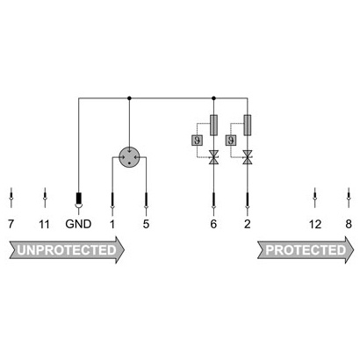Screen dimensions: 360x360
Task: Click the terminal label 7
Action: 11,225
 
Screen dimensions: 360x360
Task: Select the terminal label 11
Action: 44,225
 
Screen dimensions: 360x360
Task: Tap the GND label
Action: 78,224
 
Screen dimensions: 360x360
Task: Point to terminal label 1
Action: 112,225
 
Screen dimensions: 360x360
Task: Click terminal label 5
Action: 146,225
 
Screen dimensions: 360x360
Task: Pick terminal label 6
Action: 213,225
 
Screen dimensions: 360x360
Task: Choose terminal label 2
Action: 248,225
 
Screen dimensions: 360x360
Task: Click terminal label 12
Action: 315,225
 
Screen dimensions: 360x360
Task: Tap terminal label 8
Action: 349,225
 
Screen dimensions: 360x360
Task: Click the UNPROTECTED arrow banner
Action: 67,250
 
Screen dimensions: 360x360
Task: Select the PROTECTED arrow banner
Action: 306,250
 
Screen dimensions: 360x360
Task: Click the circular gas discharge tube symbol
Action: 129,157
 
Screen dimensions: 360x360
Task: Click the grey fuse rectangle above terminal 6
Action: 213,126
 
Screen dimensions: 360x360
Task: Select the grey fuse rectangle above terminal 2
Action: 248,126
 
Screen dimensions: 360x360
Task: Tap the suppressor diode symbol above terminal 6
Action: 213,157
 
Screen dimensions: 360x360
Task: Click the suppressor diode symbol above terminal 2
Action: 248,157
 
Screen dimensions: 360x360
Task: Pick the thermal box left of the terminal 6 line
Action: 197,140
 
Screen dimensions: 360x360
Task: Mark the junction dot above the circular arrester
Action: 129,98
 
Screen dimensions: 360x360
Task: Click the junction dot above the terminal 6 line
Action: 213,98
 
